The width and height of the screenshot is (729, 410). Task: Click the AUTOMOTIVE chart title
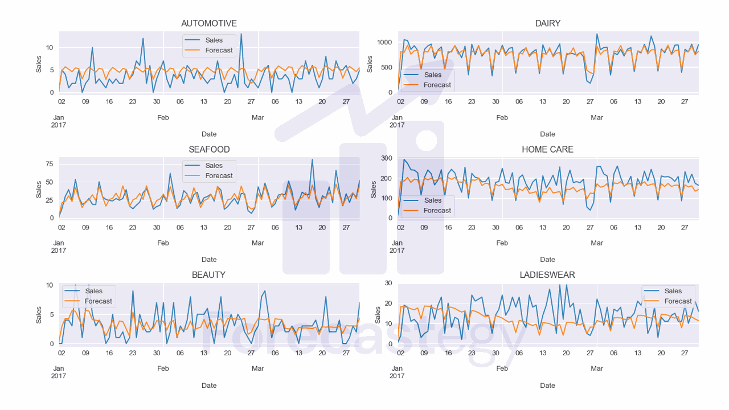pyautogui.click(x=209, y=23)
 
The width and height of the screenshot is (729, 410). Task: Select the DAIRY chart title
pyautogui.click(x=547, y=23)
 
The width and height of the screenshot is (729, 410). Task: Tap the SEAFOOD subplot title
pyautogui.click(x=209, y=149)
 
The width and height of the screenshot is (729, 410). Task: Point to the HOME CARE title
pyautogui.click(x=547, y=149)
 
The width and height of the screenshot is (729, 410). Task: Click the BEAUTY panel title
pyautogui.click(x=209, y=274)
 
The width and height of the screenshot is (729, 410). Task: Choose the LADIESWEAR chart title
pyautogui.click(x=547, y=274)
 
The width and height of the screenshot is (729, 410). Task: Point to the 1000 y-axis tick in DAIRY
pyautogui.click(x=383, y=43)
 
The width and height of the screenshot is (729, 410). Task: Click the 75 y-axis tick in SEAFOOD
pyautogui.click(x=49, y=164)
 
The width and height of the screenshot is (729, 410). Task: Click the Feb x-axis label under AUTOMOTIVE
pyautogui.click(x=163, y=117)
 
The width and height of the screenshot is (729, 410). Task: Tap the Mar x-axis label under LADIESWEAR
pyautogui.click(x=597, y=368)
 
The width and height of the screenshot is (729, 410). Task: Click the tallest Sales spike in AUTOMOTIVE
pyautogui.click(x=241, y=34)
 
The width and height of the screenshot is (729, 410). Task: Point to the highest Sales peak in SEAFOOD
pyautogui.click(x=312, y=160)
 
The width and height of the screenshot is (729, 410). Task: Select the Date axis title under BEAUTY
pyautogui.click(x=209, y=386)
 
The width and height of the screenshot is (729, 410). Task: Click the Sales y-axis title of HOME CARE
pyautogui.click(x=374, y=190)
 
